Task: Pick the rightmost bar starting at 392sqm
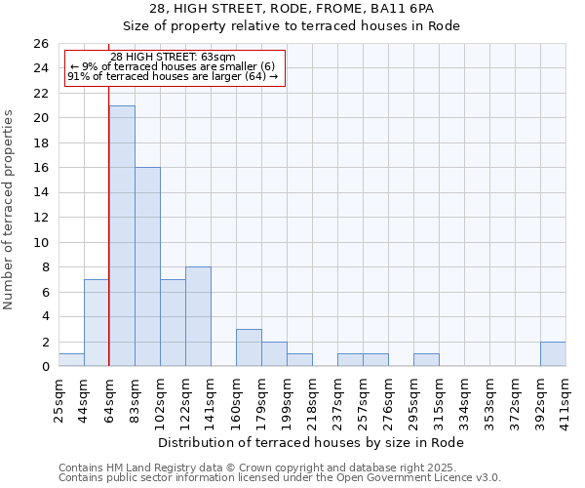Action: coord(553,354)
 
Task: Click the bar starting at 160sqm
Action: coord(249,347)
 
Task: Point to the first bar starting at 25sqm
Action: coord(71,360)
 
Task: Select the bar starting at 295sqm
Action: coord(426,360)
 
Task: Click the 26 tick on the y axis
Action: coord(42,44)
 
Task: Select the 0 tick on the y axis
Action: coord(45,367)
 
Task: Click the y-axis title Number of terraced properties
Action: coord(10,210)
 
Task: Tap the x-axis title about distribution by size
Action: coord(312,442)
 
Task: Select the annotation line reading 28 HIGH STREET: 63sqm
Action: coord(173,58)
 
